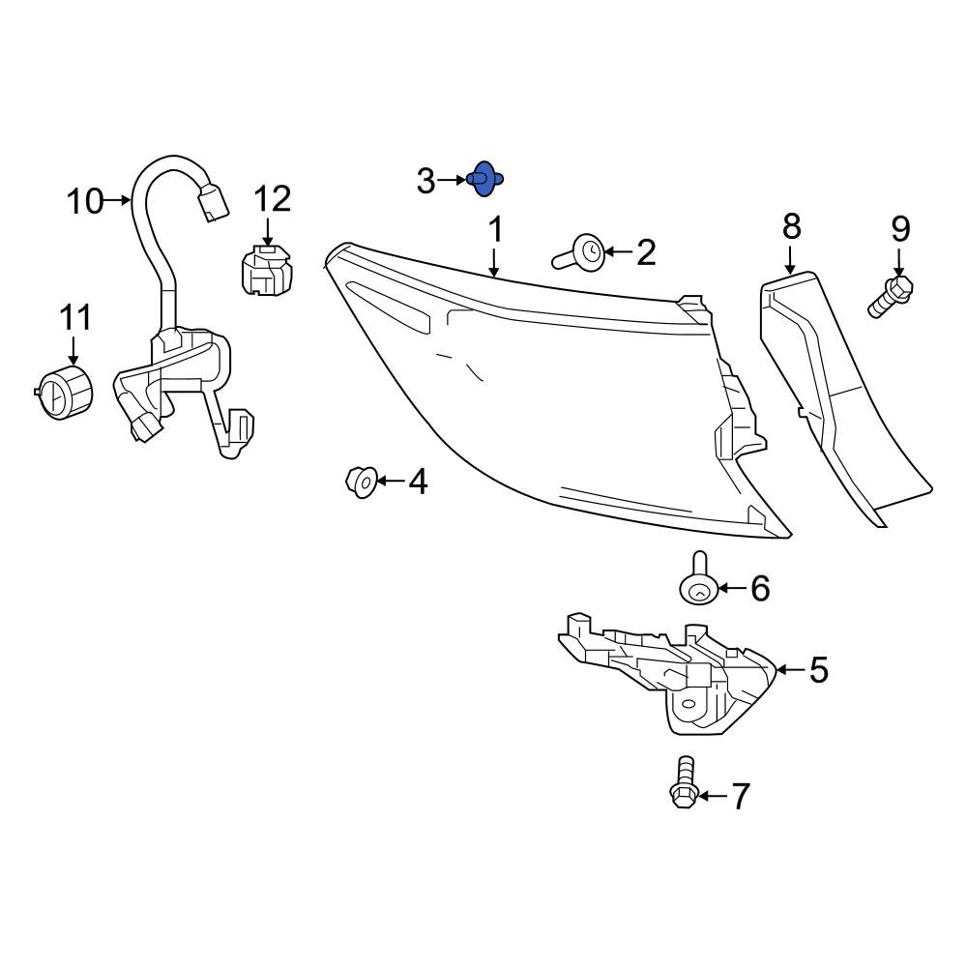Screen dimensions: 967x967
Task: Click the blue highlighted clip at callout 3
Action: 485,179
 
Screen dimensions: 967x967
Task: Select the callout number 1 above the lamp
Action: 495,230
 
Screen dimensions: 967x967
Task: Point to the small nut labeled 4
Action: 361,481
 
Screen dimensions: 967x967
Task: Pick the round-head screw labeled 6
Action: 697,584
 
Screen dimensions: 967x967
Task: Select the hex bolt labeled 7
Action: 683,783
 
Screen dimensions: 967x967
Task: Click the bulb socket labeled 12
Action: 265,270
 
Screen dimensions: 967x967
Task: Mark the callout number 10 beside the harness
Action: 85,201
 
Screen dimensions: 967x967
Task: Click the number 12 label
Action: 272,200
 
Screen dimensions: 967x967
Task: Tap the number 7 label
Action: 740,797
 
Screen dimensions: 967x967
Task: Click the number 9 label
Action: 899,229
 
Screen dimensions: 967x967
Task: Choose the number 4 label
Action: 417,481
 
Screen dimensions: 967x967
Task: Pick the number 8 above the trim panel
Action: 791,227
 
